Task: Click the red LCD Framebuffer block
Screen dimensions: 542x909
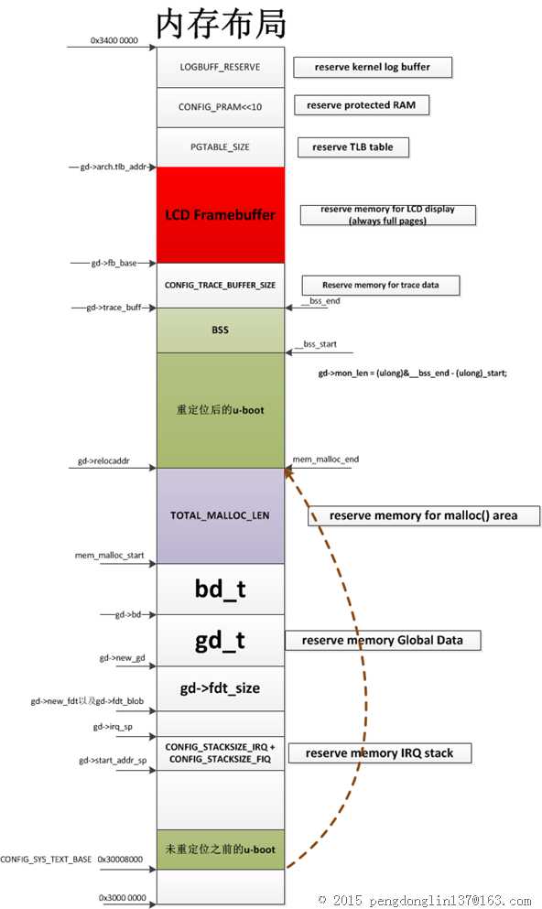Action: tap(221, 215)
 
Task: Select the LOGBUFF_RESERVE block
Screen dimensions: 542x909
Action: tap(221, 67)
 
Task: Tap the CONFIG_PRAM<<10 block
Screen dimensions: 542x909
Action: tap(221, 107)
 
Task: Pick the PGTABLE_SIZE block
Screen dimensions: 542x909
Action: tap(221, 147)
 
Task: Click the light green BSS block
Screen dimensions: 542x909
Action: tap(221, 330)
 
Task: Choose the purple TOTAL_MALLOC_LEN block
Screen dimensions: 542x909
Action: tap(221, 515)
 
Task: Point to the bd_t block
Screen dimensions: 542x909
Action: tap(221, 589)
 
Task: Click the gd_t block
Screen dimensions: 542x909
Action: tap(221, 641)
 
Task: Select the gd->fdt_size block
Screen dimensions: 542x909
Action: tap(221, 688)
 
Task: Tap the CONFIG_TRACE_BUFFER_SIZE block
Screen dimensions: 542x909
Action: tap(221, 286)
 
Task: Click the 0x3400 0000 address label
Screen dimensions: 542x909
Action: tap(114, 40)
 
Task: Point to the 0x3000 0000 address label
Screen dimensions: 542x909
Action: tap(123, 897)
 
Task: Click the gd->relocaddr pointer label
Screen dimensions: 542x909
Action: tap(103, 460)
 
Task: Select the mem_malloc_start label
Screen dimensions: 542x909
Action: tap(110, 556)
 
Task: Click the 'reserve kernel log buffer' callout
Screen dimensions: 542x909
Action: tap(373, 67)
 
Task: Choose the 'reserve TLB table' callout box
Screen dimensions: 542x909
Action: tap(353, 147)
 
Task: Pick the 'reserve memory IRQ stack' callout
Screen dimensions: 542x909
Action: tap(380, 753)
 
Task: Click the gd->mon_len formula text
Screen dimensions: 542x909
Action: tap(412, 373)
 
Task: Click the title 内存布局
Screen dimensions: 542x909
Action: tap(221, 24)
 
